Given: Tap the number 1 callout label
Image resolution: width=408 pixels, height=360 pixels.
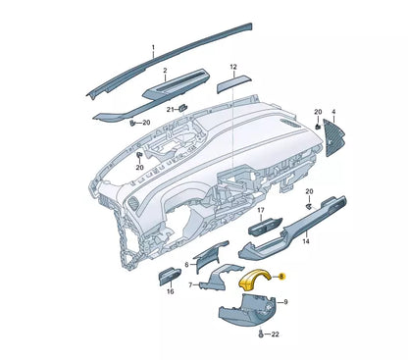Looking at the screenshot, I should point(153,47).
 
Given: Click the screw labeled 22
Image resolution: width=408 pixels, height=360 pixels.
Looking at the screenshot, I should point(259,334).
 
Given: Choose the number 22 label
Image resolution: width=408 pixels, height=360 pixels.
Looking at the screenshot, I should point(274,335).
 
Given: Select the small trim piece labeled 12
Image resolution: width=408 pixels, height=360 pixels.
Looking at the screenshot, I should point(232,84).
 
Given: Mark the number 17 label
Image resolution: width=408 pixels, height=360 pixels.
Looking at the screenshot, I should point(261,210).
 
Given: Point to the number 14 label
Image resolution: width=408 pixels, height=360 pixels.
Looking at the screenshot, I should point(307,239).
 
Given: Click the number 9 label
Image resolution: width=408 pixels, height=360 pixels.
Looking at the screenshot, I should point(285,303).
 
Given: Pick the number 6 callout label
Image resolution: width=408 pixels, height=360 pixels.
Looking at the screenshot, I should point(185,265).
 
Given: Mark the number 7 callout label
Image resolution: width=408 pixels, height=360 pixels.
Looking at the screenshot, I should point(190,284).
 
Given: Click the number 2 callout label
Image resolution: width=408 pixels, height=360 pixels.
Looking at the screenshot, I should point(165,71).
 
